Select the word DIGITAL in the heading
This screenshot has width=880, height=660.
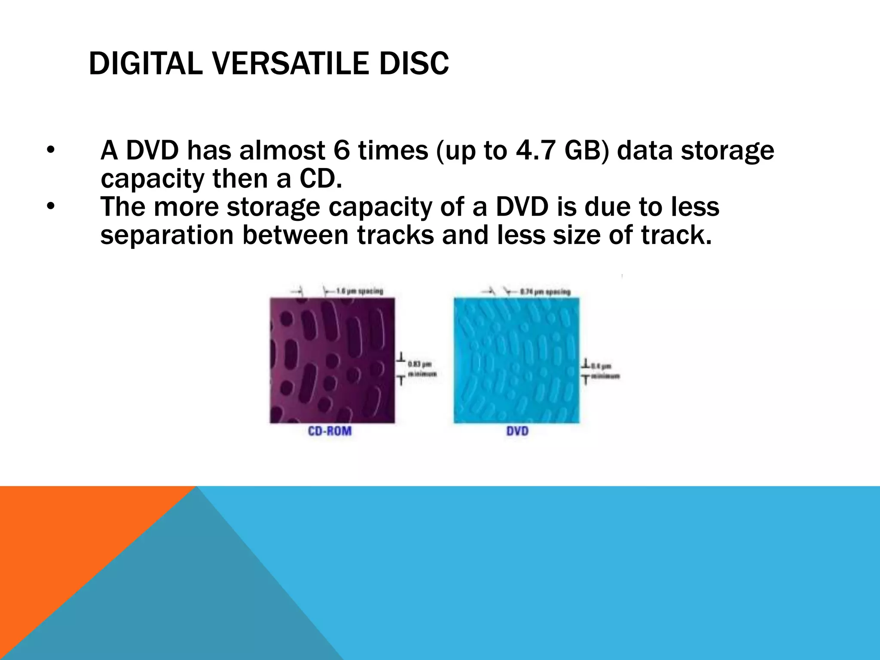click(x=145, y=64)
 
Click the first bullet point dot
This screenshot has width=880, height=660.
click(x=51, y=151)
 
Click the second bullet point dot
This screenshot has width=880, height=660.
click(x=51, y=207)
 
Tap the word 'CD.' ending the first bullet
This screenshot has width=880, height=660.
click(x=321, y=179)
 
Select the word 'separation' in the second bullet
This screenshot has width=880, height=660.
click(x=167, y=235)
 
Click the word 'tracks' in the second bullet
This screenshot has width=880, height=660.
click(x=395, y=235)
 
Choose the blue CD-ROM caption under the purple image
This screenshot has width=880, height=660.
click(x=330, y=431)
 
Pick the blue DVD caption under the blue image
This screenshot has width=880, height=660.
click(x=517, y=431)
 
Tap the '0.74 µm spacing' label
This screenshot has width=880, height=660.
click(x=545, y=292)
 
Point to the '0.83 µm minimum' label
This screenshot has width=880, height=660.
click(x=421, y=369)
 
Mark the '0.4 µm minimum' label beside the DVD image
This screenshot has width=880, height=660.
click(x=605, y=371)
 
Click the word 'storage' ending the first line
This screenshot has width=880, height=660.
click(x=727, y=151)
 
